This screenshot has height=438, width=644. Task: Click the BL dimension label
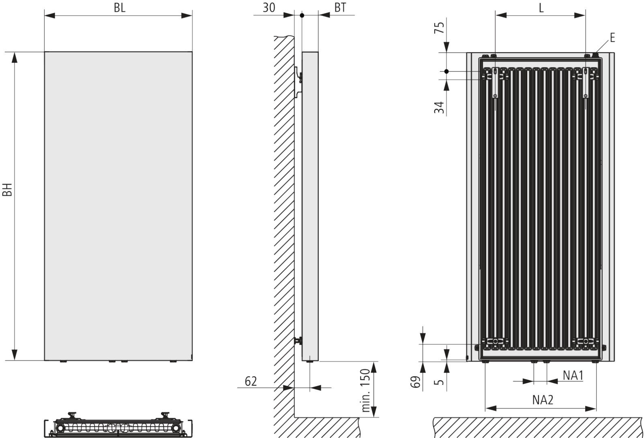tap(120, 8)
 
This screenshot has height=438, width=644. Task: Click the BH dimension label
tap(7, 189)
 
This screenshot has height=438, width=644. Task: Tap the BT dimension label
tap(340, 8)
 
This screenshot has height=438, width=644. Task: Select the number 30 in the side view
tap(269, 8)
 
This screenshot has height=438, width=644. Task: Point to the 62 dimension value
tap(251, 381)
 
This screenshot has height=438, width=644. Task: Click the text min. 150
tap(365, 390)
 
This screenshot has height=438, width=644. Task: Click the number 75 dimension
tap(439, 28)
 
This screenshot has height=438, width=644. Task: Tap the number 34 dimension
tap(439, 107)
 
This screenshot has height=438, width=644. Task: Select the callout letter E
tap(612, 38)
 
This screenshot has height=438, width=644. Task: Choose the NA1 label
tap(573, 376)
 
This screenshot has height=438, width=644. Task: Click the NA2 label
tap(543, 400)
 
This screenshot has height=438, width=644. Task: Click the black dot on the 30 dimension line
tap(302, 15)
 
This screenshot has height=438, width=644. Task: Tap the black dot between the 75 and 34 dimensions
tap(447, 71)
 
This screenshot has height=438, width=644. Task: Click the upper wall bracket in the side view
tap(299, 82)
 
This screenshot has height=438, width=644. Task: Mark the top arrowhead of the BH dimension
tap(14, 58)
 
